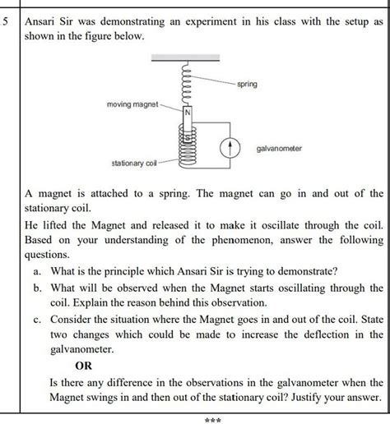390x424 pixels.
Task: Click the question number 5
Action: click(7, 22)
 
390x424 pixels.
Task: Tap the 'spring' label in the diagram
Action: click(246, 85)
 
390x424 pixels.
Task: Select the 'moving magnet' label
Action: click(132, 106)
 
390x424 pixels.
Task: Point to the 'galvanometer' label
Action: click(279, 148)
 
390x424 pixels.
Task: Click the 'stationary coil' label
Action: click(134, 165)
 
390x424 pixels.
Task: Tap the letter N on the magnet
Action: click(186, 112)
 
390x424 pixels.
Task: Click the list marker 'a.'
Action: click(37, 271)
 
